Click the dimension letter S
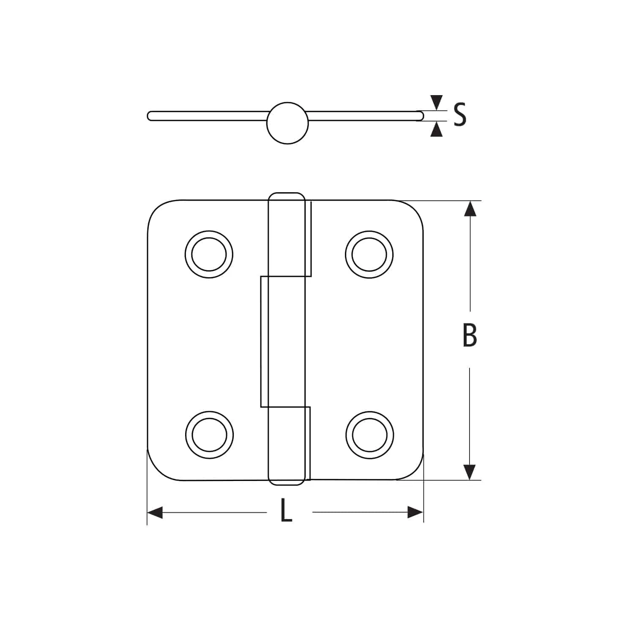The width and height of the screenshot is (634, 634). [x=460, y=115]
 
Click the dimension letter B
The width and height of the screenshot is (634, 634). [x=470, y=336]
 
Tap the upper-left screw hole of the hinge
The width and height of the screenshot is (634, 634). [x=209, y=254]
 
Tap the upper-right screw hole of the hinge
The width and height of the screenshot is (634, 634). [x=369, y=254]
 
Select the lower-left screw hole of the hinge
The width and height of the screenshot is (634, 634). [x=209, y=435]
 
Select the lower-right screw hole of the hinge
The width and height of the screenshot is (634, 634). [x=369, y=435]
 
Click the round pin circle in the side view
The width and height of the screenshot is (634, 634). [x=287, y=123]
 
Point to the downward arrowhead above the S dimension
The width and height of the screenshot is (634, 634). [x=437, y=103]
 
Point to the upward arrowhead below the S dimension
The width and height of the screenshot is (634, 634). [x=437, y=129]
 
